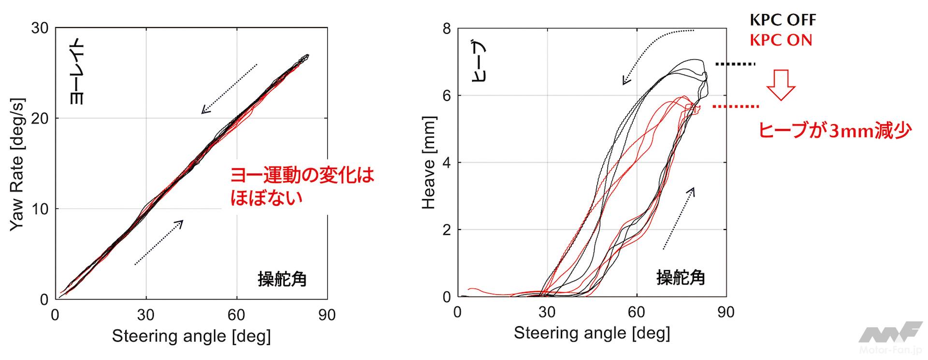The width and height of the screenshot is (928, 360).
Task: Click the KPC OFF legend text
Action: click(783, 20)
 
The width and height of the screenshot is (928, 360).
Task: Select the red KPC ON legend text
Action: click(781, 40)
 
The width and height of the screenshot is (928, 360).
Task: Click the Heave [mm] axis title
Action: click(429, 162)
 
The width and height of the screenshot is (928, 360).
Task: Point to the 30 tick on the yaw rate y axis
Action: click(40, 28)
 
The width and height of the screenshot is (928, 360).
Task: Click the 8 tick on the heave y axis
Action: click(446, 29)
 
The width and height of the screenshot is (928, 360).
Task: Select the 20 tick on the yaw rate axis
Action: click(40, 118)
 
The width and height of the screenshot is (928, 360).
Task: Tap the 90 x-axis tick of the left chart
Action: click(327, 315)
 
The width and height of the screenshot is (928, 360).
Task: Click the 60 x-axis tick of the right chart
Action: click(637, 312)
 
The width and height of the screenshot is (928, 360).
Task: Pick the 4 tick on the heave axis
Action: click(446, 163)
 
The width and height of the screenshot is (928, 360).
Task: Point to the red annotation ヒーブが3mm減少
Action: click(835, 130)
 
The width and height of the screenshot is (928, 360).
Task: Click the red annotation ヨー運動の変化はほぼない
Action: click(302, 187)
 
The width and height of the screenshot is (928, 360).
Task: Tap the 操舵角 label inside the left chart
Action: click(282, 279)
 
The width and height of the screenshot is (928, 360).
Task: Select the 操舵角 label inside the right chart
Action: click(681, 277)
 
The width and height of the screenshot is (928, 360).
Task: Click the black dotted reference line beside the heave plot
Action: click(735, 64)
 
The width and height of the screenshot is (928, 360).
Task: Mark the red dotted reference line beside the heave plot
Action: click(735, 106)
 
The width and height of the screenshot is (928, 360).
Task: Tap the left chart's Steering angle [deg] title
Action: click(191, 336)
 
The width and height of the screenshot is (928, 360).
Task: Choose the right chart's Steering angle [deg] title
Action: click(592, 333)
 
